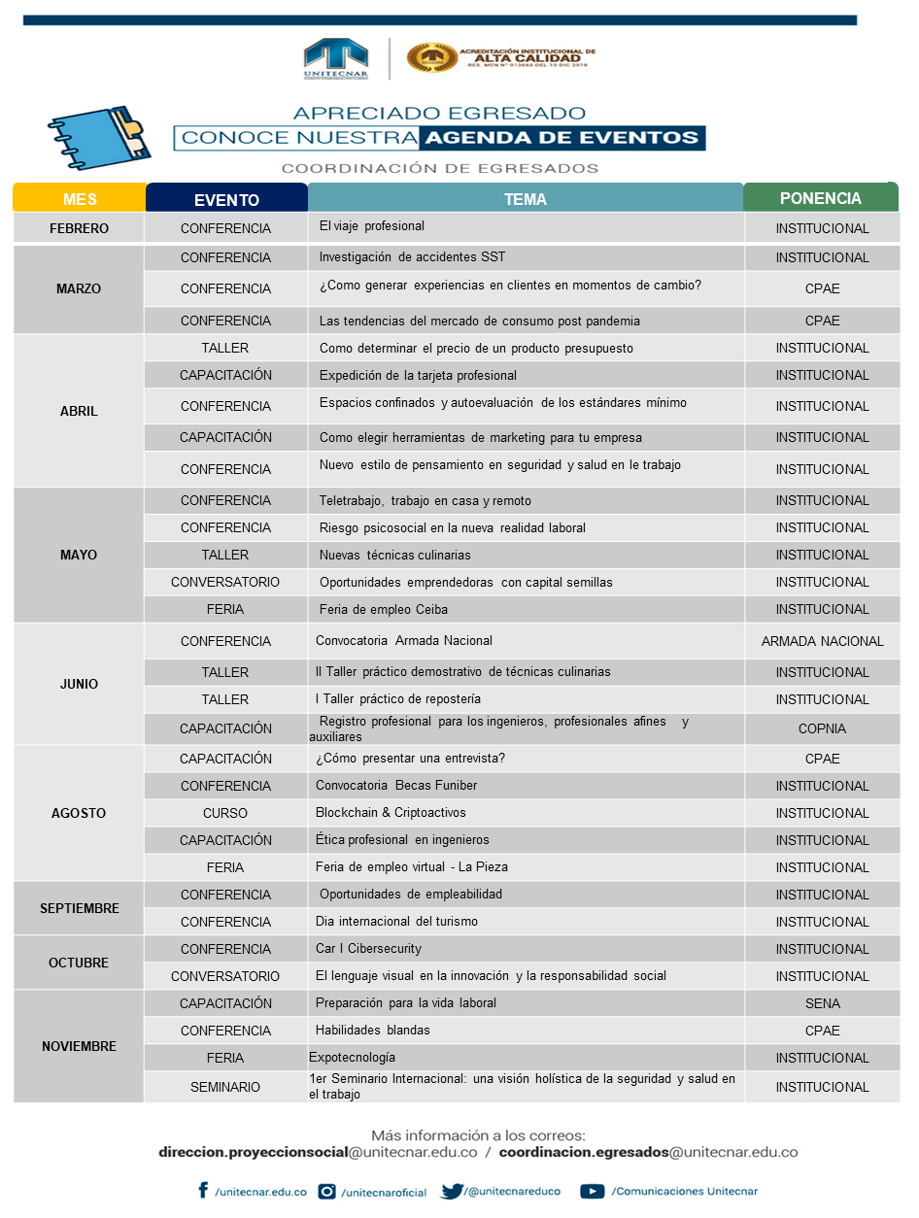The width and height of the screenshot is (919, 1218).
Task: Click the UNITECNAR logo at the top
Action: (x=335, y=58)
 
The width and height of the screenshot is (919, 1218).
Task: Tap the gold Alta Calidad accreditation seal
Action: (x=432, y=57)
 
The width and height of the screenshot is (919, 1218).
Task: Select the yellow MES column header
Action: (x=80, y=199)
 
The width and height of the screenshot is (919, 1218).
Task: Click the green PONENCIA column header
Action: (x=820, y=198)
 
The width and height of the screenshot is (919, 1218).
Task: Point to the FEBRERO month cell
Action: (x=80, y=228)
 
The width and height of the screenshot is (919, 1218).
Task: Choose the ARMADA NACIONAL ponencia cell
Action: (x=822, y=641)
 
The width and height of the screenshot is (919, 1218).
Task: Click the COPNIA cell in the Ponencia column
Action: (x=822, y=728)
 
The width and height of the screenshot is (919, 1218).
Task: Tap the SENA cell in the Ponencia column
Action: (x=822, y=1003)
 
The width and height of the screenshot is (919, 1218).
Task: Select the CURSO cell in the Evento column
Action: (x=225, y=813)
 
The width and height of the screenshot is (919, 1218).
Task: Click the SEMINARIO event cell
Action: (x=225, y=1087)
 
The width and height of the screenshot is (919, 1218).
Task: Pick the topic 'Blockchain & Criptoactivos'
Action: (x=391, y=812)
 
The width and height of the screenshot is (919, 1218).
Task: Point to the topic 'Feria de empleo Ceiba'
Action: (x=383, y=609)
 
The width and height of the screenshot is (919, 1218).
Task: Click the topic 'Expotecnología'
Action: (x=352, y=1057)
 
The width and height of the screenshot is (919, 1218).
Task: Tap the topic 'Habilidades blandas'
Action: (x=372, y=1030)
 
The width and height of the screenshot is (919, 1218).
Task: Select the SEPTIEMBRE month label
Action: (x=80, y=908)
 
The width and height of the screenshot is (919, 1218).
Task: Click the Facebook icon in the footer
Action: (x=203, y=1190)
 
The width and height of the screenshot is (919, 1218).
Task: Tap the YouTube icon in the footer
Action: (x=592, y=1191)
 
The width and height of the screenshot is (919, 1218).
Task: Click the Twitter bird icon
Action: (x=452, y=1191)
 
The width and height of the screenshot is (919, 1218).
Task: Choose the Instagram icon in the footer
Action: (x=327, y=1191)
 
